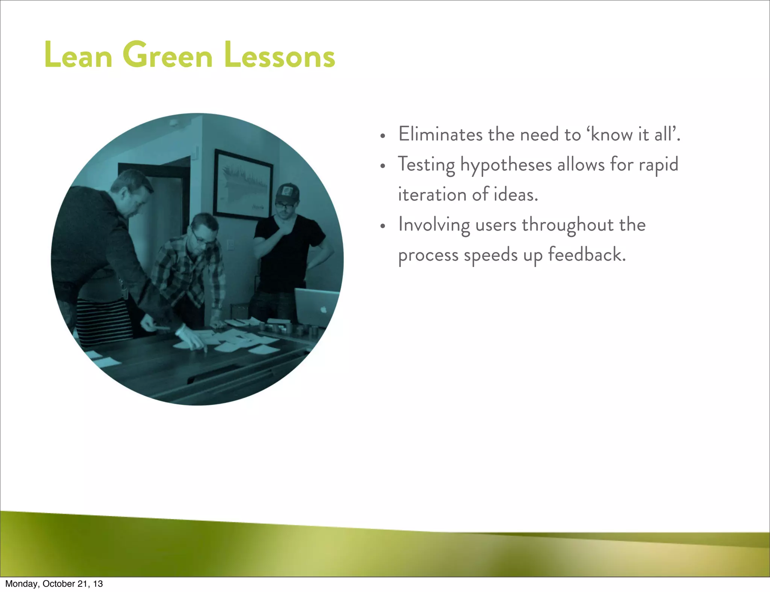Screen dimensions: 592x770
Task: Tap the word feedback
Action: click(x=587, y=254)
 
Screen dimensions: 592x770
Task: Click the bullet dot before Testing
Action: click(x=383, y=166)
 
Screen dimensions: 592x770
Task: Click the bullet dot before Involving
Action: click(x=383, y=226)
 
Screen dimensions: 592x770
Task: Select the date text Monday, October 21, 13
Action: click(x=54, y=584)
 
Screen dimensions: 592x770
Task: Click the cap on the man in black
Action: click(x=287, y=193)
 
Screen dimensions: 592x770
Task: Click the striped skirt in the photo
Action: click(x=103, y=321)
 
